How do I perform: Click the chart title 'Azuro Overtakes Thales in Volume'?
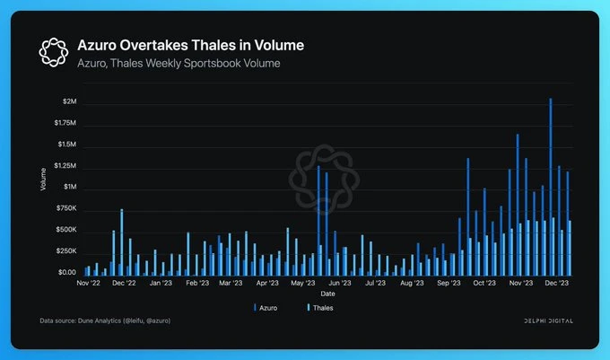coord(190,45)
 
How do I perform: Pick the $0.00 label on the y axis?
coord(65,272)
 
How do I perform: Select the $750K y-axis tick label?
coord(65,208)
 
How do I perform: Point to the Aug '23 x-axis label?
coord(412,283)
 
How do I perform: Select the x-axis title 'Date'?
coord(328,293)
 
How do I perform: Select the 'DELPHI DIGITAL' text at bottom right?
coord(549,320)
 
